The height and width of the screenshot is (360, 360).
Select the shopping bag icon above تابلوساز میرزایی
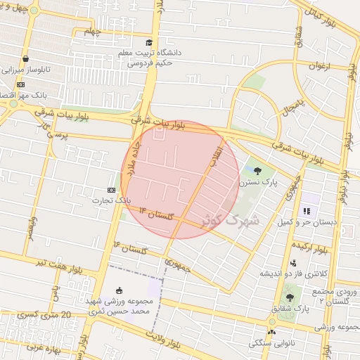tap(26, 59)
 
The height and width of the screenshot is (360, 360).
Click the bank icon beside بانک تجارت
tap(112, 190)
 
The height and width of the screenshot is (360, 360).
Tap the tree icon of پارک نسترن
tap(257, 170)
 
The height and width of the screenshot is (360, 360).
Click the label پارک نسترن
tap(258, 181)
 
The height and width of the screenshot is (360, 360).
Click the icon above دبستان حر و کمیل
tap(306, 210)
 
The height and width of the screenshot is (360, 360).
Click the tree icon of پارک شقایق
tap(289, 297)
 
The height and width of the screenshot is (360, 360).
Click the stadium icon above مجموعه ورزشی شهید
tap(119, 290)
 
